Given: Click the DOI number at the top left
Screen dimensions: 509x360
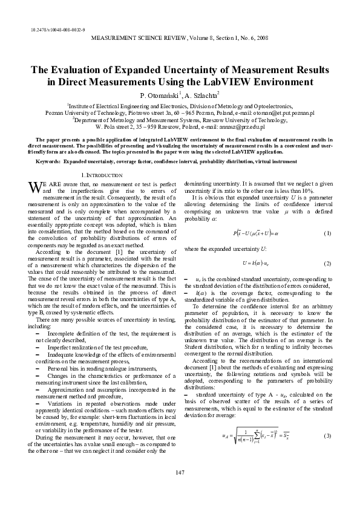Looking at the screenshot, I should pyautogui.click(x=57, y=30).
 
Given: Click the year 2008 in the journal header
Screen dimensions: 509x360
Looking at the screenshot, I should pyautogui.click(x=260, y=38).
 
